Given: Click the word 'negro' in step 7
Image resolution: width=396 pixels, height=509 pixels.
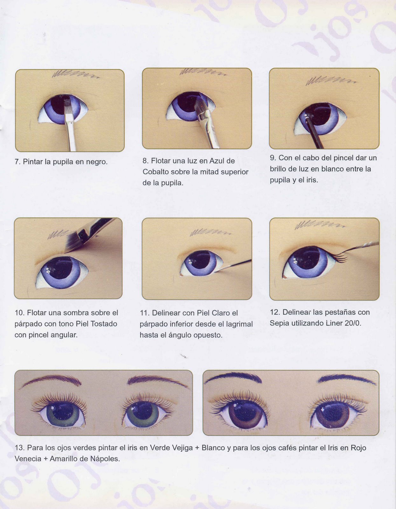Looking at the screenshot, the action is tap(96, 162).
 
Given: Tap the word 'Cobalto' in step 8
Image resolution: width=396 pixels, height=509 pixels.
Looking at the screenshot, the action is tap(156, 172).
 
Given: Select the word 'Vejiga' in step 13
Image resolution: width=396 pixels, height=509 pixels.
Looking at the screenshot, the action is tap(182, 448).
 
